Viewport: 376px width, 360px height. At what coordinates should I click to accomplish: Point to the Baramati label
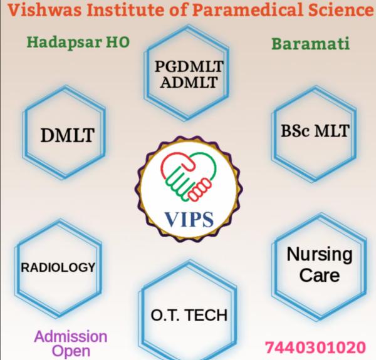point(310,44)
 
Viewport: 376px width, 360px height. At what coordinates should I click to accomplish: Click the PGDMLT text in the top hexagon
point(189,68)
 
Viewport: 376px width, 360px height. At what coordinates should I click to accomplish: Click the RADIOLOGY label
point(58,268)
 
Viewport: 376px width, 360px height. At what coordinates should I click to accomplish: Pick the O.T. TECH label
point(189,314)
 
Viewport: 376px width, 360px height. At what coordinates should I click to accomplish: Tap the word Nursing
point(318,255)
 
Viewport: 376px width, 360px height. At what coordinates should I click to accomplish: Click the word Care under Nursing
point(318,275)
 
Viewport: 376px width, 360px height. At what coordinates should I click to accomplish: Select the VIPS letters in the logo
point(189,220)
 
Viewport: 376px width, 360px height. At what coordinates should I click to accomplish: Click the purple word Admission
point(71,337)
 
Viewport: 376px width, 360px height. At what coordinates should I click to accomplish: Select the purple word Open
point(71,351)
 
